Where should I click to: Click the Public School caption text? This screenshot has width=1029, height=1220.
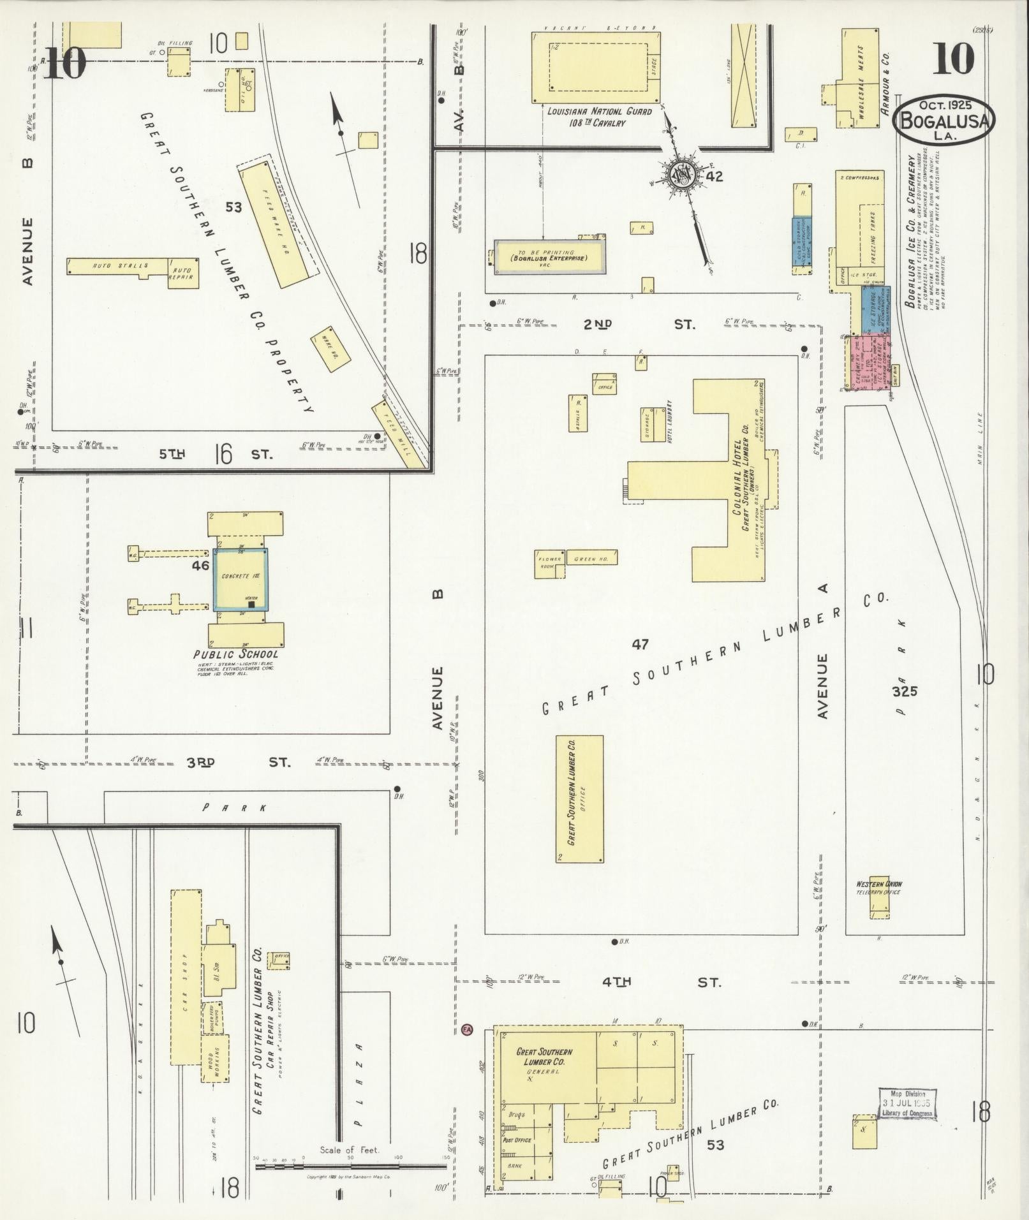237,654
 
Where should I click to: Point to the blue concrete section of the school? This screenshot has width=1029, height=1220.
240,579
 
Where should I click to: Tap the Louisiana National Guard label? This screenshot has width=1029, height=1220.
600,116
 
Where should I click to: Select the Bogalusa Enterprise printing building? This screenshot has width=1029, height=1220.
549,256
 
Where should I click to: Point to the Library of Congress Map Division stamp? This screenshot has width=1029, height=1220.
907,1103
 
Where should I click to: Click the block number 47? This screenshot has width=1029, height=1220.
640,645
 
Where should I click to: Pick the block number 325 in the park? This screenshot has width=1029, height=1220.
905,691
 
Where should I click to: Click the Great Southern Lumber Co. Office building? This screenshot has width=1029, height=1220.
579,798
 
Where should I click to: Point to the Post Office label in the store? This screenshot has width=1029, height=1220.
517,1140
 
